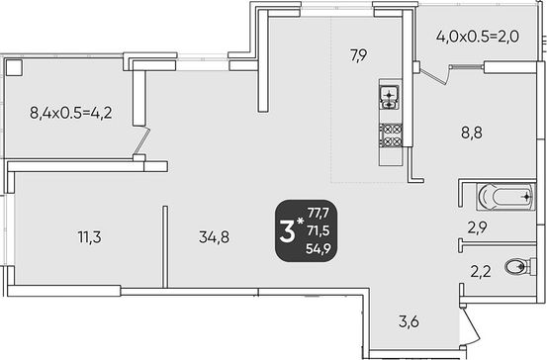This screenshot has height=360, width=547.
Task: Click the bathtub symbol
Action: pos(505,197)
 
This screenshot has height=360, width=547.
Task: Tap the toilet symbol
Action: pos(520,267)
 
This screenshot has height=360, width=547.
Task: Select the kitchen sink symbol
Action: pos(390,97)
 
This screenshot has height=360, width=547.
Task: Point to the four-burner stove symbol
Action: pos(391,135)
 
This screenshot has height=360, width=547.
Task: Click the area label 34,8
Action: pos(214,237)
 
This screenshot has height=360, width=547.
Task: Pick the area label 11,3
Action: pos(90,237)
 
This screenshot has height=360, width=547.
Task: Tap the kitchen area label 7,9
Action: pos(359,55)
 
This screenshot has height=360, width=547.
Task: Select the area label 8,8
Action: pos(472,133)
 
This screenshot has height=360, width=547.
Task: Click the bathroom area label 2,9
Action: pos(477,228)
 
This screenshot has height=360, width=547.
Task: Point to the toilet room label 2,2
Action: pos(481,271)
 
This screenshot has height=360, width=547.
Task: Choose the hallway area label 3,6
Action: pos(409,321)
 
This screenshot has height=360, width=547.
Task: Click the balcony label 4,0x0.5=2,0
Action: pos(478,36)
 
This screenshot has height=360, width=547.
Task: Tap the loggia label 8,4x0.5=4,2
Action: pos(71,113)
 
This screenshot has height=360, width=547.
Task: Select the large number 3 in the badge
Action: pos(288,232)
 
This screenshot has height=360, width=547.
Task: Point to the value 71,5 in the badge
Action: pos(319,230)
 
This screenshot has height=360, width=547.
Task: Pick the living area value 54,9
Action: pos(319,248)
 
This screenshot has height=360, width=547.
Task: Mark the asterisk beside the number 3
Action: pos(300,221)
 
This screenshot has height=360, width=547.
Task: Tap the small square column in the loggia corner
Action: pos(14,67)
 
